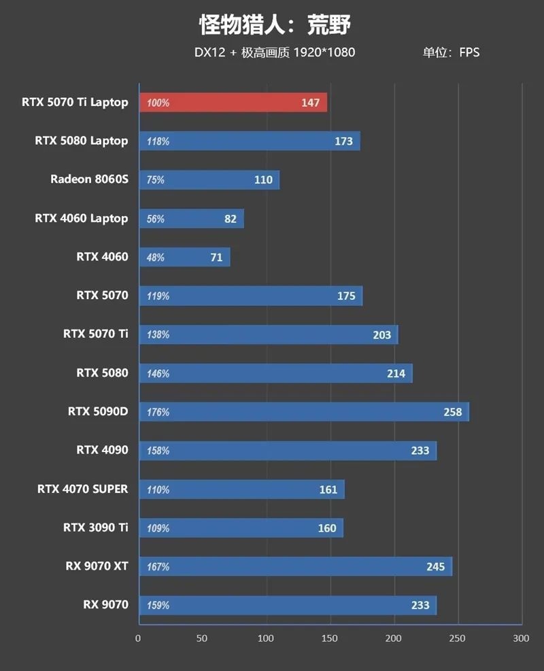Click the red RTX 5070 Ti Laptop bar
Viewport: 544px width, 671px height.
[x=233, y=103]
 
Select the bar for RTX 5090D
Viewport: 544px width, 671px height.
[x=304, y=412]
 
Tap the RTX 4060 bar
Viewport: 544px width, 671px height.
[x=184, y=257]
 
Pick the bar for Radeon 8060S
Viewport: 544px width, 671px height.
[x=209, y=179]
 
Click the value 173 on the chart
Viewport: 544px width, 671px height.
[x=343, y=141]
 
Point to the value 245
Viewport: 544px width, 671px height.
[x=435, y=566]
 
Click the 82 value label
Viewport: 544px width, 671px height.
[x=231, y=218]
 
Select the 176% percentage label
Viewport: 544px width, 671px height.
[x=158, y=412]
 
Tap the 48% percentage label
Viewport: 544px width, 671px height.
[x=156, y=258]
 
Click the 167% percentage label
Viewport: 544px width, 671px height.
[x=158, y=566]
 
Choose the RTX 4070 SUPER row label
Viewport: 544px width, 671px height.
[x=82, y=489]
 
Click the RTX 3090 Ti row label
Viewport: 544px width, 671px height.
[x=95, y=527]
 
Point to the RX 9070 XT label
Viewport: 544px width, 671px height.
[x=97, y=566]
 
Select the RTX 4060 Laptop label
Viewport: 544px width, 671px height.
[x=81, y=218]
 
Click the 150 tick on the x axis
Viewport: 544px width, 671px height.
[x=330, y=638]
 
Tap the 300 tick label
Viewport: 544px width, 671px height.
[x=521, y=638]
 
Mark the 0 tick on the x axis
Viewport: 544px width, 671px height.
[x=138, y=638]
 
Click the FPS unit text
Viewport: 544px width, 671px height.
[x=469, y=52]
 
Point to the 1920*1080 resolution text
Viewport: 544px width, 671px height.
[x=324, y=52]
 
